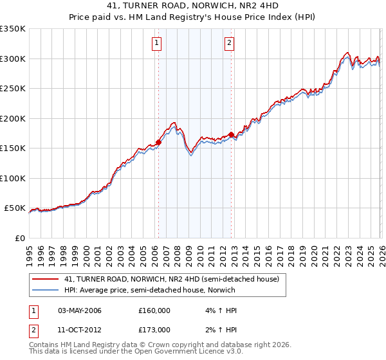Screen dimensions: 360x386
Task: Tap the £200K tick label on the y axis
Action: click(12, 118)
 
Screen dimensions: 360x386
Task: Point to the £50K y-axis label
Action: click(14, 208)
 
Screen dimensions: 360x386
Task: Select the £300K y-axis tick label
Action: click(12, 59)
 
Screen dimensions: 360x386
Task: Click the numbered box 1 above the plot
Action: click(157, 43)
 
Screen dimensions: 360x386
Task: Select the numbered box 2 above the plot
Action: click(230, 43)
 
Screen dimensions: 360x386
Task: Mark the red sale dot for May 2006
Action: click(158, 143)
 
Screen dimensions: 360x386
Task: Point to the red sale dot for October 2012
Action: click(232, 134)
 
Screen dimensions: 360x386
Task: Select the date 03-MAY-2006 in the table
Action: click(80, 310)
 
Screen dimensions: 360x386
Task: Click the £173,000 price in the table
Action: click(154, 330)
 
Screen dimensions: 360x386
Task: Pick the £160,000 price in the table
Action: click(154, 310)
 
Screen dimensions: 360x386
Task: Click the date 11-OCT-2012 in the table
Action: click(79, 330)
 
